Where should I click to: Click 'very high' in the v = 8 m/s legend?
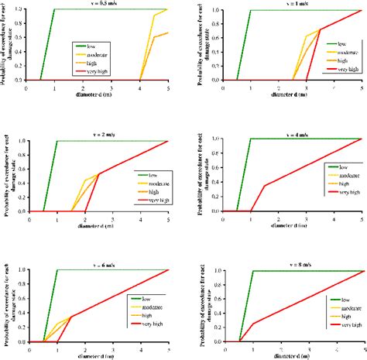pos(343,325)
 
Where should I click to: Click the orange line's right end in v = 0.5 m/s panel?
pos(167,33)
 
